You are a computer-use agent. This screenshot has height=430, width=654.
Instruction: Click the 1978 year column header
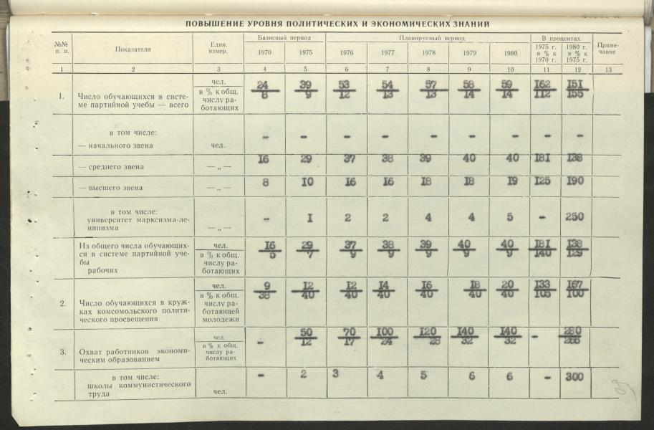(x=428, y=52)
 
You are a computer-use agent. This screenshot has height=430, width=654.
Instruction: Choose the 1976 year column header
(x=347, y=52)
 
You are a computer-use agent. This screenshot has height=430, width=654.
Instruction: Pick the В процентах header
(x=561, y=37)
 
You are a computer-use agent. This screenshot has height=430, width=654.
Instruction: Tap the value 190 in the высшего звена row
(x=574, y=182)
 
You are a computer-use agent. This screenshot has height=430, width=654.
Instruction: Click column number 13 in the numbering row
(x=607, y=69)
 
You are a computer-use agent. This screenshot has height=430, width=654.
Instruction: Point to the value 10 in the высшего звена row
(x=307, y=182)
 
